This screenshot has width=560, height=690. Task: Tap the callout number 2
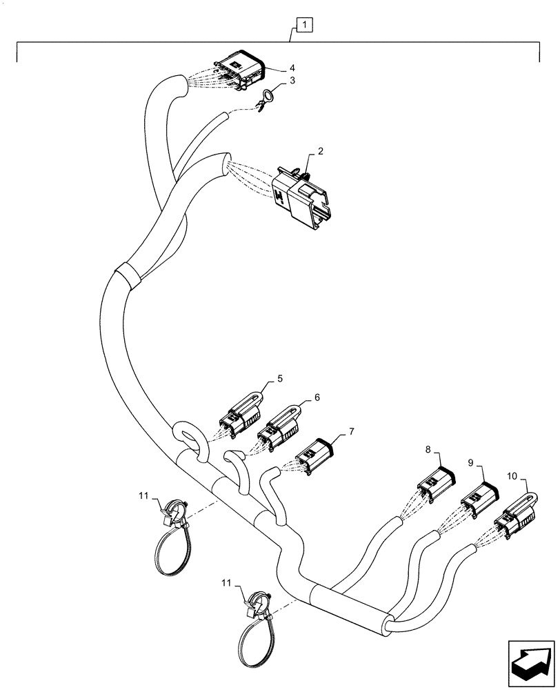tap(321, 151)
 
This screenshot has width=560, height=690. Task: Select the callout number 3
tap(292, 81)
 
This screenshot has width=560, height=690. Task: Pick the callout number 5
tap(280, 379)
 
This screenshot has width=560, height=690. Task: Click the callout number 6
tap(317, 397)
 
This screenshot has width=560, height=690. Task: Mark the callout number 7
tap(351, 431)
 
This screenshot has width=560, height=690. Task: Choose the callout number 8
tap(428, 449)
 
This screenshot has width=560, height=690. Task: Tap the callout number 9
tap(470, 462)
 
